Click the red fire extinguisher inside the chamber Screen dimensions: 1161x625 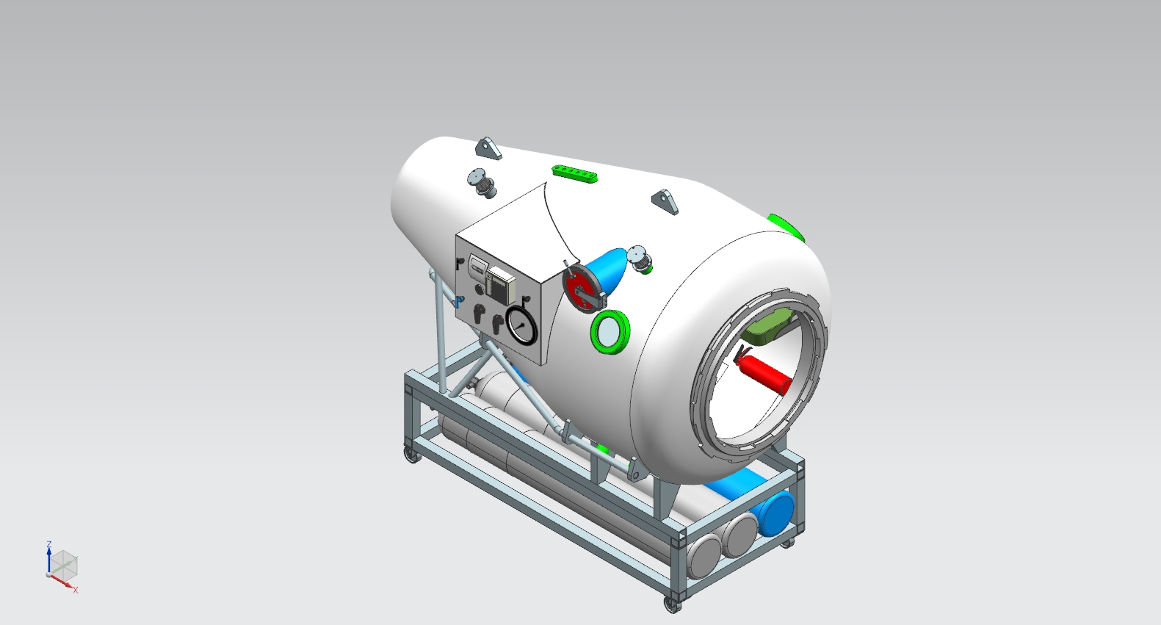(x=764, y=372)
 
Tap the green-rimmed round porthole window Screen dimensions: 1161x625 (x=610, y=332)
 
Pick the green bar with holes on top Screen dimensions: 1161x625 (x=575, y=173)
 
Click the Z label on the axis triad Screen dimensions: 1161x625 (x=48, y=544)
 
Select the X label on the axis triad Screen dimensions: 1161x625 (x=75, y=590)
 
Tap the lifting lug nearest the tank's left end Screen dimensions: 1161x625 (x=488, y=148)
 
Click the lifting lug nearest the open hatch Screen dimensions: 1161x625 (x=665, y=201)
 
